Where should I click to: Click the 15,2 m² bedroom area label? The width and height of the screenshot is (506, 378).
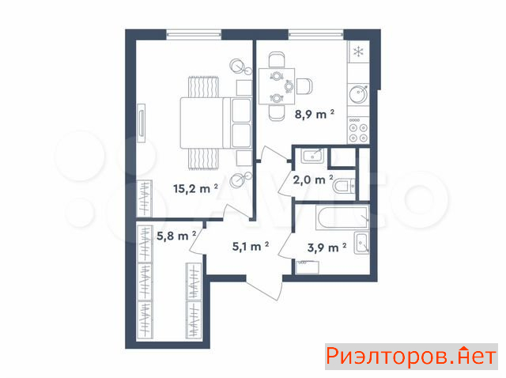[195, 188]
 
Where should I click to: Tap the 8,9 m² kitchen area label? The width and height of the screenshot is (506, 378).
[314, 114]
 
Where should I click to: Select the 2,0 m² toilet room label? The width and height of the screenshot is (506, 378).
[313, 180]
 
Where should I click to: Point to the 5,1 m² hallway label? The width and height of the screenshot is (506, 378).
[251, 247]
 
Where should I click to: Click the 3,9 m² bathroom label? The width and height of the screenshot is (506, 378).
[327, 248]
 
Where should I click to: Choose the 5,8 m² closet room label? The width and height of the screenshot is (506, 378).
[176, 236]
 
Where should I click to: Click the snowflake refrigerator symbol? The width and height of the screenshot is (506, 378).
[358, 51]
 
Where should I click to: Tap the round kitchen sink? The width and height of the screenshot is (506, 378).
[358, 94]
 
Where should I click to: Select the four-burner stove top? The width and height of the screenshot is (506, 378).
[358, 130]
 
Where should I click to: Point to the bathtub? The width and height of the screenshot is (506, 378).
[342, 218]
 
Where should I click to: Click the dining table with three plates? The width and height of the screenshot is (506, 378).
[277, 86]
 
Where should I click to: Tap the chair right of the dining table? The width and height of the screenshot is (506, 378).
[304, 86]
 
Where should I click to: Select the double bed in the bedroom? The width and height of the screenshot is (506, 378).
[216, 123]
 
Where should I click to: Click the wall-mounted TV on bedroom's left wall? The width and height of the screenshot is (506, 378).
[142, 123]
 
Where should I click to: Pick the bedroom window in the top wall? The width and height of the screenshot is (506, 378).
[194, 34]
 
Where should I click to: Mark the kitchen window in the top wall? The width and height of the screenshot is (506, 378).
[316, 34]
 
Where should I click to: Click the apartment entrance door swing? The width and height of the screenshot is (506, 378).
[265, 288]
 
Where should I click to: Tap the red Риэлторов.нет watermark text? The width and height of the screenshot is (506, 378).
[411, 357]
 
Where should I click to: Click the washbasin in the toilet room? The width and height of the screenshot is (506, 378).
[312, 156]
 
